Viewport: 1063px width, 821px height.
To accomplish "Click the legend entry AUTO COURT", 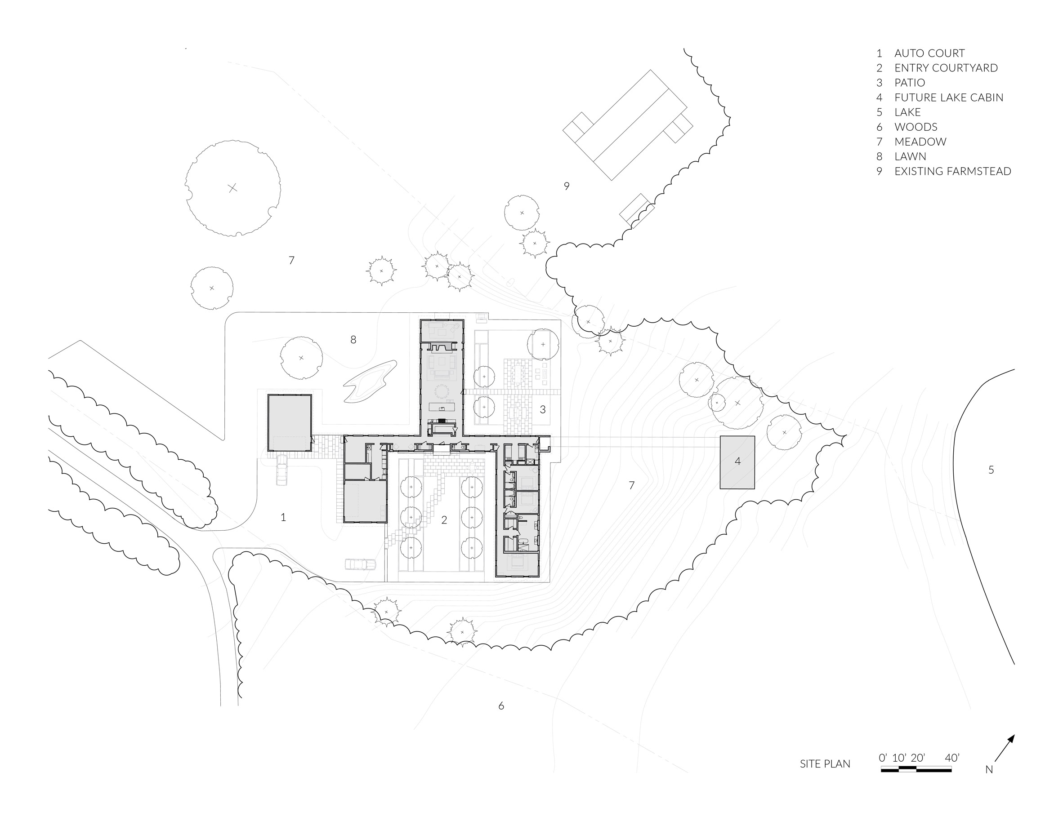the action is point(929,53).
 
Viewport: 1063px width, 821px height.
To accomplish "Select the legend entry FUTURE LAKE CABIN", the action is point(949,97).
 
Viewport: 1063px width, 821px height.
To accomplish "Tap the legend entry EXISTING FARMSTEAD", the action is point(952,171).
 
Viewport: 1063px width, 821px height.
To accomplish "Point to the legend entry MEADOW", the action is point(920,142).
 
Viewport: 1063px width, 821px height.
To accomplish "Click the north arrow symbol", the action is point(1005,748).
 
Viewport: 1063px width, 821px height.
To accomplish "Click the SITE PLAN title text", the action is point(825,763).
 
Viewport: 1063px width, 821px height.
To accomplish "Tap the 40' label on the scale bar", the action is point(952,757).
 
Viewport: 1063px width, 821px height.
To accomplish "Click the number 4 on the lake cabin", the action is point(737,461).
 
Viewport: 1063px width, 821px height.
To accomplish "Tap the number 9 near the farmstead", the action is point(567,186).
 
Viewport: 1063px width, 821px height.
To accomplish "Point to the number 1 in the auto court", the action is point(283,518).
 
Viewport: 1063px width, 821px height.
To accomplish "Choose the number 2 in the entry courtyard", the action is point(444,520).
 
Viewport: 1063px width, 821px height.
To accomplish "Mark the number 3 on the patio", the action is point(543,409).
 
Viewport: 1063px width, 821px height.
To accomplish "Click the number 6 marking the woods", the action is point(501,706).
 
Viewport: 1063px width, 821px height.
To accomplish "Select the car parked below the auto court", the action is point(360,564).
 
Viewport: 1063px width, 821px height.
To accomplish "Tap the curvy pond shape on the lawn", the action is point(370,382).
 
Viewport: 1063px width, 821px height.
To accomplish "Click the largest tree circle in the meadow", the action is point(232,188).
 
